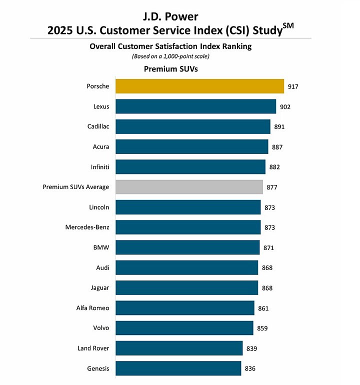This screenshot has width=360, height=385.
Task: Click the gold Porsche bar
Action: point(199,86)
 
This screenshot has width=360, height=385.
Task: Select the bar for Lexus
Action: point(195,106)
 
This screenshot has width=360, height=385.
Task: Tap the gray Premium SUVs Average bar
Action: point(189,187)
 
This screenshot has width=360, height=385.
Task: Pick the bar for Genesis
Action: point(178,369)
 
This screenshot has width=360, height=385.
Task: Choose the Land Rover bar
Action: point(179,348)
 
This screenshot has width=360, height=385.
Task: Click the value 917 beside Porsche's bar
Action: point(293,87)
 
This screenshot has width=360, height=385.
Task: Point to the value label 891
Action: point(279,127)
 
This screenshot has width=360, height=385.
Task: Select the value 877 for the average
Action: point(272,187)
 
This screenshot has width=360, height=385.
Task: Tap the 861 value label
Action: point(263,308)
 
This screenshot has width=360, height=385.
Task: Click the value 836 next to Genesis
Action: point(250,369)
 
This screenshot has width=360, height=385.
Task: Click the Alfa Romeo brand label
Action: point(93,308)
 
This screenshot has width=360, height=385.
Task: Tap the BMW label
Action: point(102,247)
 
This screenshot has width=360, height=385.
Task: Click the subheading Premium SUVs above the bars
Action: point(170,69)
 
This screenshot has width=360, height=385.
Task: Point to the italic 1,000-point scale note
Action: point(170,56)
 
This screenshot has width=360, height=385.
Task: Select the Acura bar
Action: point(191,146)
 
